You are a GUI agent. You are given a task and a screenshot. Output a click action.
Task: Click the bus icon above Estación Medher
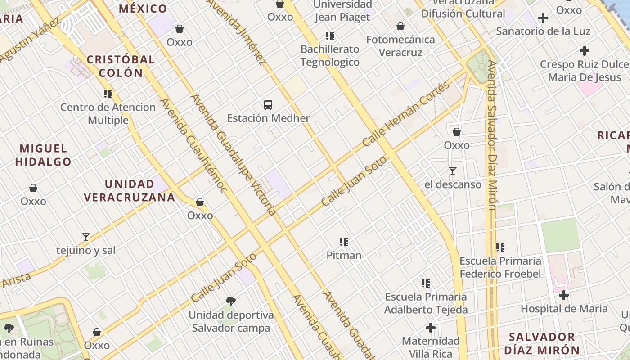pos(268,105)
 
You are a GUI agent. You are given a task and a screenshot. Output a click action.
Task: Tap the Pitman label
pos(344,255)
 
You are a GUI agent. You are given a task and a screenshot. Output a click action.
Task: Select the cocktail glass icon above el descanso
pos(453,171)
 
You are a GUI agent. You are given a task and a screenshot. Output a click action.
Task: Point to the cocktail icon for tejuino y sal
pos(86,237)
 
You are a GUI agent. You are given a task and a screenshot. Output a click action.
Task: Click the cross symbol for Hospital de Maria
pos(564,295)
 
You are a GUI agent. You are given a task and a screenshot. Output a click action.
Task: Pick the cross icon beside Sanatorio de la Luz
pos(543,18)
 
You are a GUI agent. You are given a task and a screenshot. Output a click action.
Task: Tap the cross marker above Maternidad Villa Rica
pos(431,327)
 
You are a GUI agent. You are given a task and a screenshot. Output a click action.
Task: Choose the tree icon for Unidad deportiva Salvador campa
pos(231,301)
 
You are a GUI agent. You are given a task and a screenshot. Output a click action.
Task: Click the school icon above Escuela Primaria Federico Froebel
pos(500,247)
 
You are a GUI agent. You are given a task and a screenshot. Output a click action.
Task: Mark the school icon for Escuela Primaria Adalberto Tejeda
pos(426,283)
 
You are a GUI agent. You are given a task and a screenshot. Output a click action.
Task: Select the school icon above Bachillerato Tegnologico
pos(330,36)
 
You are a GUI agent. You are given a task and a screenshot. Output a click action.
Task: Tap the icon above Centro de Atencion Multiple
pos(108,94)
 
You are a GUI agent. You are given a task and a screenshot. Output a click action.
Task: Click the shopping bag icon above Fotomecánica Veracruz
pos(400,26)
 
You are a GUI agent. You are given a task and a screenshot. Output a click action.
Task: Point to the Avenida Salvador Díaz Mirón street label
pos(492,135)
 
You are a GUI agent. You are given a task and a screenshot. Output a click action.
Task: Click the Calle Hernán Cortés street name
pos(406,115)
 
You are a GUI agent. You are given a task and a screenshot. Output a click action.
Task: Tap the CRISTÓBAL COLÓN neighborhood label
pos(121,66)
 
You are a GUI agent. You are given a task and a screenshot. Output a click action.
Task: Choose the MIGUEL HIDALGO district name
pos(43,155)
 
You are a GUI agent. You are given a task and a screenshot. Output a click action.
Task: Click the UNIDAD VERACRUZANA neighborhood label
pos(130,190)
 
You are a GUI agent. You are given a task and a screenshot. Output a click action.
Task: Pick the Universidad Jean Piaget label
pos(342,11)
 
